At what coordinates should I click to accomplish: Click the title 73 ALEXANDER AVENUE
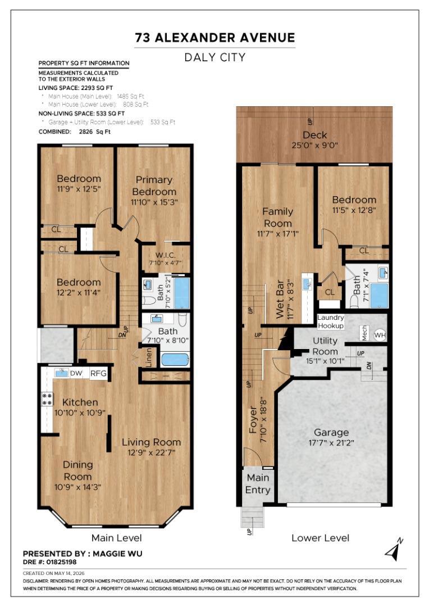[x=214, y=38]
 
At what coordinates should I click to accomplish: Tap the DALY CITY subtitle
[x=214, y=57]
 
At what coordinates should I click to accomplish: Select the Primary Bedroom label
[x=154, y=185]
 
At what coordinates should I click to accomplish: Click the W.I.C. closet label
[x=166, y=255]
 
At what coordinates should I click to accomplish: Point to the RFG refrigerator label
[x=98, y=374]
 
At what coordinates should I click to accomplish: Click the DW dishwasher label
[x=76, y=374]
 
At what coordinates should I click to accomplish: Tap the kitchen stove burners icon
[x=47, y=399]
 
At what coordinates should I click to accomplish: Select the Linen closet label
[x=148, y=357]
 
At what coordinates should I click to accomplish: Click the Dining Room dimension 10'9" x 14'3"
[x=77, y=487]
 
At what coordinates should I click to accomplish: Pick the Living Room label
[x=151, y=442]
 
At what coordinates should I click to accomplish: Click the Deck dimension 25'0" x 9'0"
[x=315, y=145]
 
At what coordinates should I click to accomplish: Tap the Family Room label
[x=278, y=217]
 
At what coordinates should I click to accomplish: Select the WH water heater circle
[x=380, y=335]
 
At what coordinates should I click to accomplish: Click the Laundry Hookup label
[x=330, y=321]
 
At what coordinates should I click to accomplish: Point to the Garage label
[x=331, y=432]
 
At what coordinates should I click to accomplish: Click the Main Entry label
[x=258, y=483]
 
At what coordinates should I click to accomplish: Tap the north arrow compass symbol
[x=394, y=549]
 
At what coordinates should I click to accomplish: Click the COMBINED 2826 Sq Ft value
[x=95, y=132]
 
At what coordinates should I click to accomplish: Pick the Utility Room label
[x=325, y=346]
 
